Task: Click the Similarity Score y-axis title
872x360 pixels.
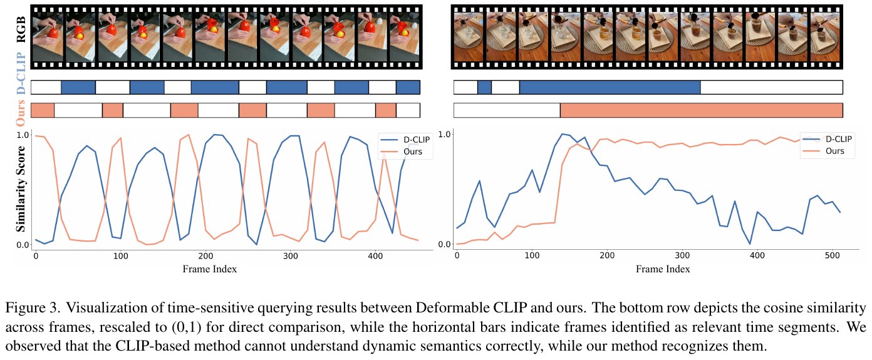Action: coord(21,190)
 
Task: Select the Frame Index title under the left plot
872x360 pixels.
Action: coord(209,269)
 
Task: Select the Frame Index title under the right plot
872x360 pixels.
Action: coord(663,269)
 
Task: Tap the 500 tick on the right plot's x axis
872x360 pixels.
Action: coord(831,256)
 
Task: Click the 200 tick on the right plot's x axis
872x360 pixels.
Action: coord(606,256)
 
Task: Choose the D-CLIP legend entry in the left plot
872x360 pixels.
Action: coord(410,140)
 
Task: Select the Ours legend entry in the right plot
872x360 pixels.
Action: coord(833,152)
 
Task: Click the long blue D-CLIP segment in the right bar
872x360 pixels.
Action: coord(610,87)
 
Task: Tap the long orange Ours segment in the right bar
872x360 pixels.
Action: coord(701,110)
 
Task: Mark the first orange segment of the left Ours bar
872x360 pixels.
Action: coord(43,110)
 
